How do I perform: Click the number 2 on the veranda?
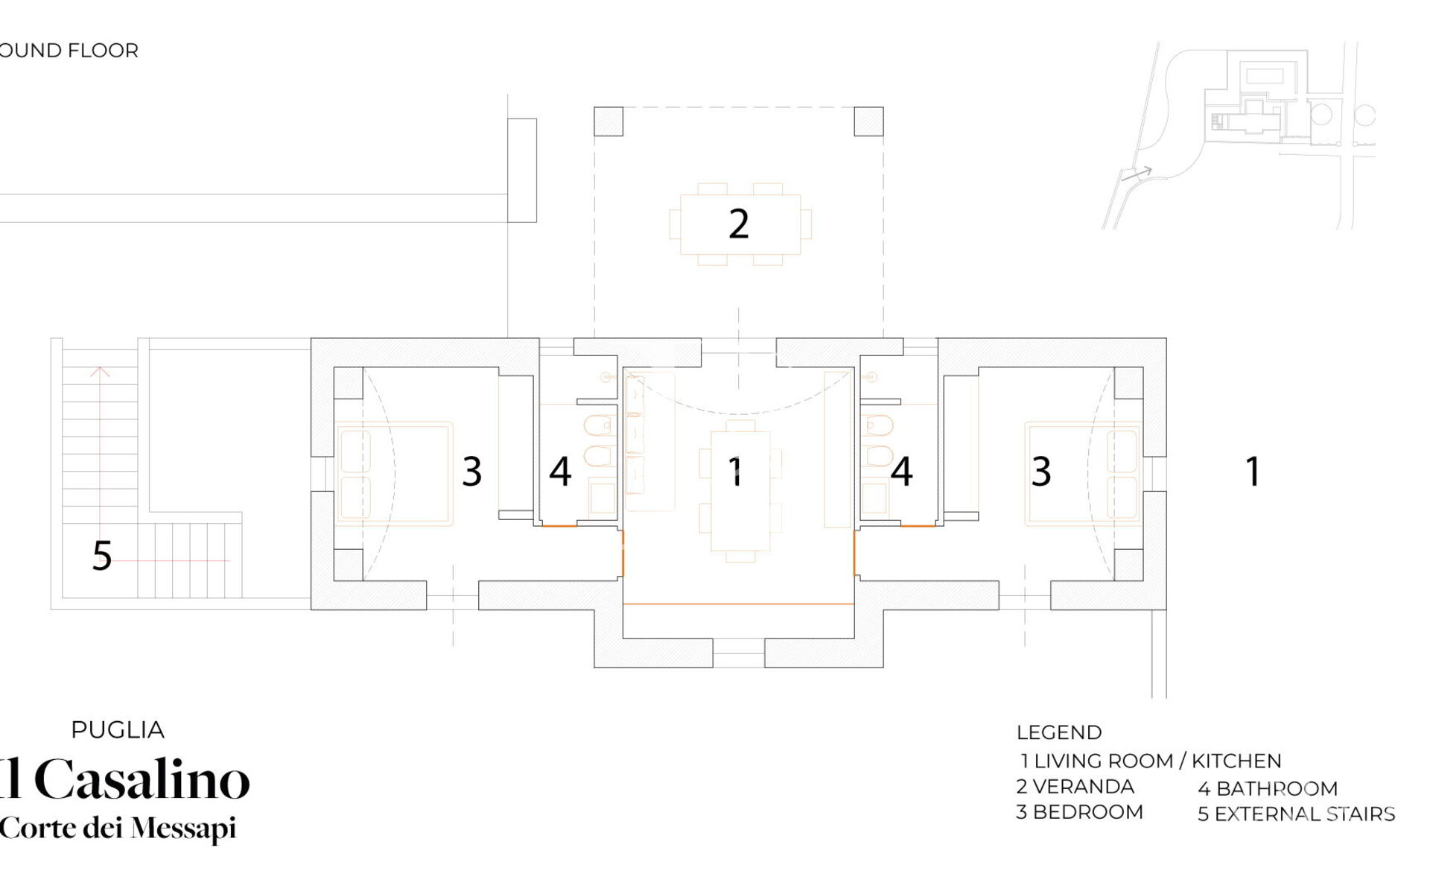[x=738, y=223]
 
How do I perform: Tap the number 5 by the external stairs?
[x=102, y=556]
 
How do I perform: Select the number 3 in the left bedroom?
[x=472, y=471]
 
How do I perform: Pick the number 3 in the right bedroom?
[x=1041, y=471]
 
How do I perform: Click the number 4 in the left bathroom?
[x=560, y=471]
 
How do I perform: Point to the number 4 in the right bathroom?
[x=902, y=471]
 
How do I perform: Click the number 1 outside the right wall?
[x=1253, y=471]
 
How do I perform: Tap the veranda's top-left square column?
[x=608, y=121]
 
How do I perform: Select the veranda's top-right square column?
[x=868, y=121]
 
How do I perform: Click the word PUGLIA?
[x=118, y=730]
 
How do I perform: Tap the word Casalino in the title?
[x=142, y=779]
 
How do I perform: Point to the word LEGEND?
[x=1059, y=732]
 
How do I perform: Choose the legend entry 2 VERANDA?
[x=1075, y=787]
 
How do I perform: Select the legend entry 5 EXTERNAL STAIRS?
[x=1297, y=814]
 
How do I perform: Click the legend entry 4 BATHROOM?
[x=1268, y=788]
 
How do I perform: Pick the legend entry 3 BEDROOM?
[x=1080, y=812]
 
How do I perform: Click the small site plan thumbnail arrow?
[x=1138, y=174]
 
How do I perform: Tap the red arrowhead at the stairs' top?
[x=100, y=372]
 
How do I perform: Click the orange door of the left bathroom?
[x=559, y=526]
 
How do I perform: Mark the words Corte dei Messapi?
[x=118, y=828]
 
